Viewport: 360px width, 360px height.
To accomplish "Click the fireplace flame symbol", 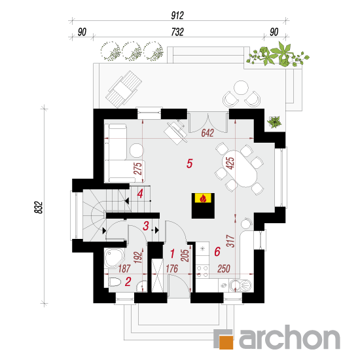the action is (x=203, y=198).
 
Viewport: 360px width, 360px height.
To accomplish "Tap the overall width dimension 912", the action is (x=177, y=16).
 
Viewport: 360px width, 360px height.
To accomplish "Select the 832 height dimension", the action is (x=39, y=207).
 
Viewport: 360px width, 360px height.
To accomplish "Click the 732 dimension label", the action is (x=177, y=32).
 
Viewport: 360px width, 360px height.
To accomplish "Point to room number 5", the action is (x=189, y=164).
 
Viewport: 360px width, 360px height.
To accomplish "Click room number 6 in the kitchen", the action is (x=217, y=251).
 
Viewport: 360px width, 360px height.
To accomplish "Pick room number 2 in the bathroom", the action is (x=128, y=281).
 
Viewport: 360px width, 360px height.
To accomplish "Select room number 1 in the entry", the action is (x=172, y=254).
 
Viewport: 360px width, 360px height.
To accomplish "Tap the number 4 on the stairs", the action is (x=140, y=194).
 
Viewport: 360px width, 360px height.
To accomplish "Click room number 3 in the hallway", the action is (x=146, y=226).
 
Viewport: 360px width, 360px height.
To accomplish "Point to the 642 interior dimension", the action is (x=207, y=133).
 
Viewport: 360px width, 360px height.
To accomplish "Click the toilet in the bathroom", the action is (x=115, y=282).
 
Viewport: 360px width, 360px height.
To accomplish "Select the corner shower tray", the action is (x=115, y=258).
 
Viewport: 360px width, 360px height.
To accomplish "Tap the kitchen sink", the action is (x=241, y=285).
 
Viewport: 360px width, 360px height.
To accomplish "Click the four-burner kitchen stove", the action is (x=202, y=271).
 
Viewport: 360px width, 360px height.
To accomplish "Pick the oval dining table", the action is (x=239, y=169).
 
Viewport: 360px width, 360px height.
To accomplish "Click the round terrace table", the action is (x=241, y=88).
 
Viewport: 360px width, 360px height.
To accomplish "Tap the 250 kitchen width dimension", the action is (x=224, y=268).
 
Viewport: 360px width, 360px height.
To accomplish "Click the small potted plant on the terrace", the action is (x=275, y=122).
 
